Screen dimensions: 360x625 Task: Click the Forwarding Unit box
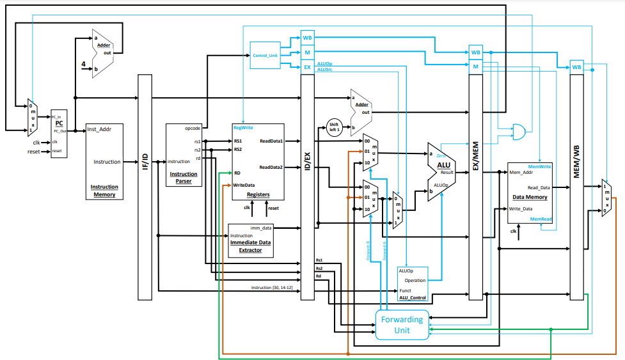402,324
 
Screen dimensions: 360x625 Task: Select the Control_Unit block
265,56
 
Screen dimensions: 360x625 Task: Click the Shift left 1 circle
335,126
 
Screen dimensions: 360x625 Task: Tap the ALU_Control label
413,297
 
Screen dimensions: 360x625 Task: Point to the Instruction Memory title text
104,191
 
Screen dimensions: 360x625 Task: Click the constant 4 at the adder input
83,64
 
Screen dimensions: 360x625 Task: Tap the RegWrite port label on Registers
243,128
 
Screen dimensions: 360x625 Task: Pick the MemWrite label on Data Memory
539,167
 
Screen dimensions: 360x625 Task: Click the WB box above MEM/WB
577,67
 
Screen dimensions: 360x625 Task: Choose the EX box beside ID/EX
307,66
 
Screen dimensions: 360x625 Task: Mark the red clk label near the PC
36,142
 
